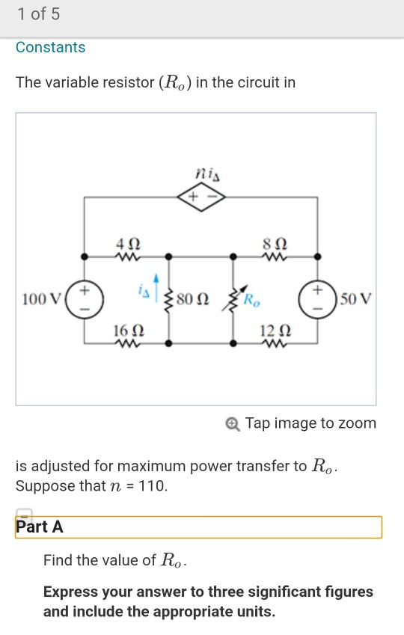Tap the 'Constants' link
[51, 47]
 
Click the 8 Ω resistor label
[272, 243]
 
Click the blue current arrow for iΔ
[156, 288]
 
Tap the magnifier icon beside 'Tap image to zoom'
[233, 424]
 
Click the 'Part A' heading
[40, 527]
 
